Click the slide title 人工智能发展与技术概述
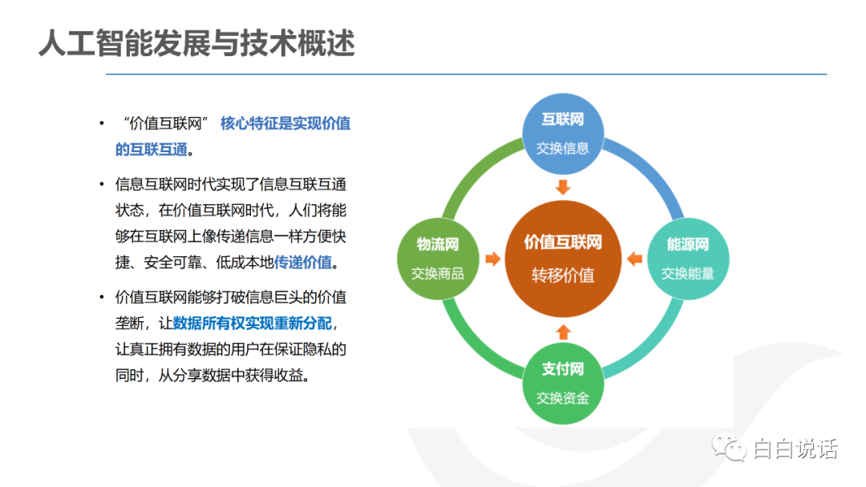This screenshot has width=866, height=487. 196,43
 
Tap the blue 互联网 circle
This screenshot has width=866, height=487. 563,134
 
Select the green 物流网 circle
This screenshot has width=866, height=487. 438,259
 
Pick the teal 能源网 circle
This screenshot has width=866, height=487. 688,259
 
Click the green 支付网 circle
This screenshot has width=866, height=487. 563,384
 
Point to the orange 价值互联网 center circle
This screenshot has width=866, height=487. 563,259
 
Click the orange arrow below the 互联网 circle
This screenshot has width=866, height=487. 563,187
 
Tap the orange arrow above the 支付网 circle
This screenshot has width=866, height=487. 563,332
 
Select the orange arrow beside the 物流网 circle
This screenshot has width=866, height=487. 492,259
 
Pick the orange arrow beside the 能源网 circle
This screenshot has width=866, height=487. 634,259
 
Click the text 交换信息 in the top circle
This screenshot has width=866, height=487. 563,148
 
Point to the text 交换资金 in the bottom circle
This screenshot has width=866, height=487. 563,398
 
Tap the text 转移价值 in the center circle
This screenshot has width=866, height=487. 563,276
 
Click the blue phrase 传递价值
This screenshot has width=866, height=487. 303,262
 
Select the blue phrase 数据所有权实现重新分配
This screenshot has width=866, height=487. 253,323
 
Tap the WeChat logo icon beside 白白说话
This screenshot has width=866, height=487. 729,447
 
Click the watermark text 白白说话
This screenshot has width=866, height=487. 795,449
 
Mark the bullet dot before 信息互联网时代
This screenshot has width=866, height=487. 102,184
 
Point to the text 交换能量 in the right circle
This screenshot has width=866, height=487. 688,274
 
